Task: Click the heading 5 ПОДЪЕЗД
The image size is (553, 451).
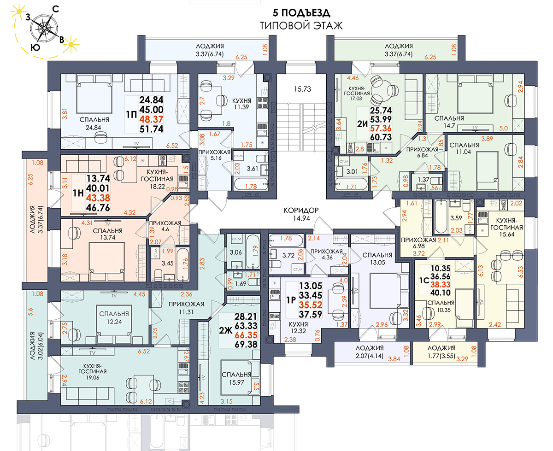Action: pos(301,13)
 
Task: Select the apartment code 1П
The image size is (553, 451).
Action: pos(131,115)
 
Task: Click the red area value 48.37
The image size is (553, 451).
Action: pos(151,119)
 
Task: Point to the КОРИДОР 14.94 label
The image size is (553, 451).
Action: pos(301,214)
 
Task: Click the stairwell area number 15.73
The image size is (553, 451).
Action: pos(302,89)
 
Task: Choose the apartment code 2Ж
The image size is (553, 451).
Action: pos(225,331)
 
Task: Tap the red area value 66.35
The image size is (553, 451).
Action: pos(246,335)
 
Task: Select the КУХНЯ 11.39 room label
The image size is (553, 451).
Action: pos(241,104)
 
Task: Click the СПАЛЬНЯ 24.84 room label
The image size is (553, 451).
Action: pos(94,123)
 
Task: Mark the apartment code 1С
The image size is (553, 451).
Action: pos(424,281)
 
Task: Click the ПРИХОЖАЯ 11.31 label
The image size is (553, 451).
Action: pos(186,308)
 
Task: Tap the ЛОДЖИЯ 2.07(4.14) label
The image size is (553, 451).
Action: pos(370,352)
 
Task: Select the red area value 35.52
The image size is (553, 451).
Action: pos(311,305)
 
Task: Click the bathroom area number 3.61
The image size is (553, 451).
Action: pos(252,169)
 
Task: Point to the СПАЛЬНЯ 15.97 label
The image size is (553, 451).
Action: pos(236,379)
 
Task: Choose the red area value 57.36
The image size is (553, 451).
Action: pos(381,129)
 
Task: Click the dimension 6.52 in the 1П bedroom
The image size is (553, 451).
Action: pos(172,146)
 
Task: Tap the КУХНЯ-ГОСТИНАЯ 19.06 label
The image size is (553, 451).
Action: pos(93,372)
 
